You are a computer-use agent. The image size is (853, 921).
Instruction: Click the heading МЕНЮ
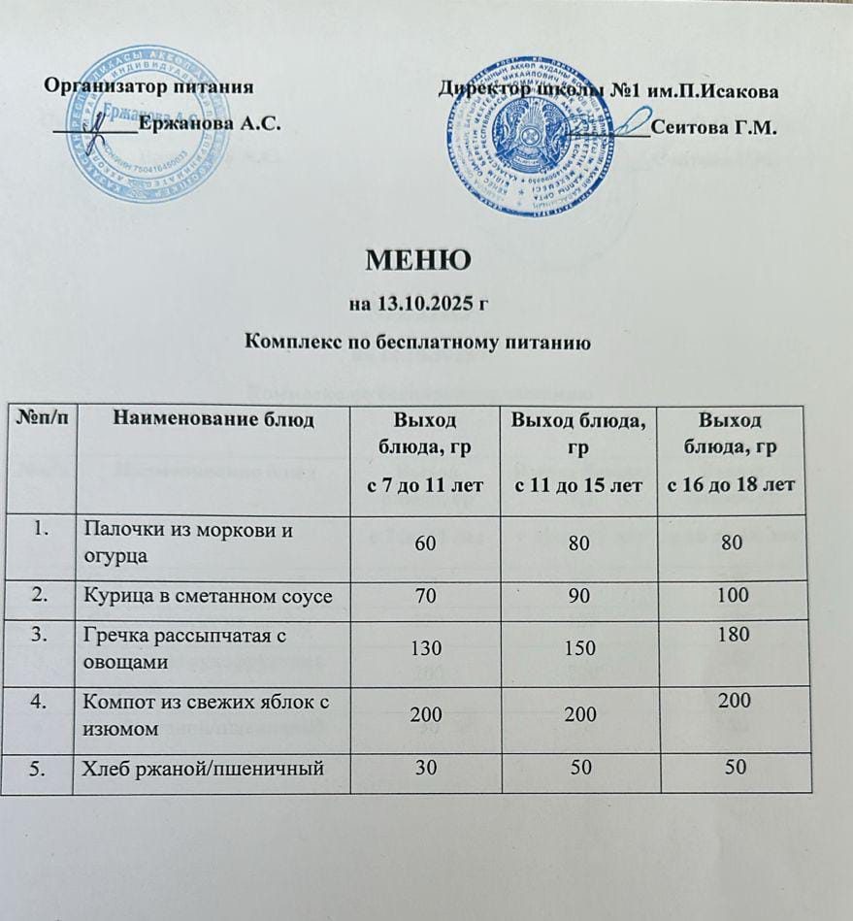[418, 260]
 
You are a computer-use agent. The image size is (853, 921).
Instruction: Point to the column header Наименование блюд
[213, 419]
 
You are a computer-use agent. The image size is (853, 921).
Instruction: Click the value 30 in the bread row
[425, 768]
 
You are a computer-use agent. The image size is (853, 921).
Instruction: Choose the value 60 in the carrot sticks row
[425, 545]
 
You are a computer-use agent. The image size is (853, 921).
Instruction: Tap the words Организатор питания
[150, 85]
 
